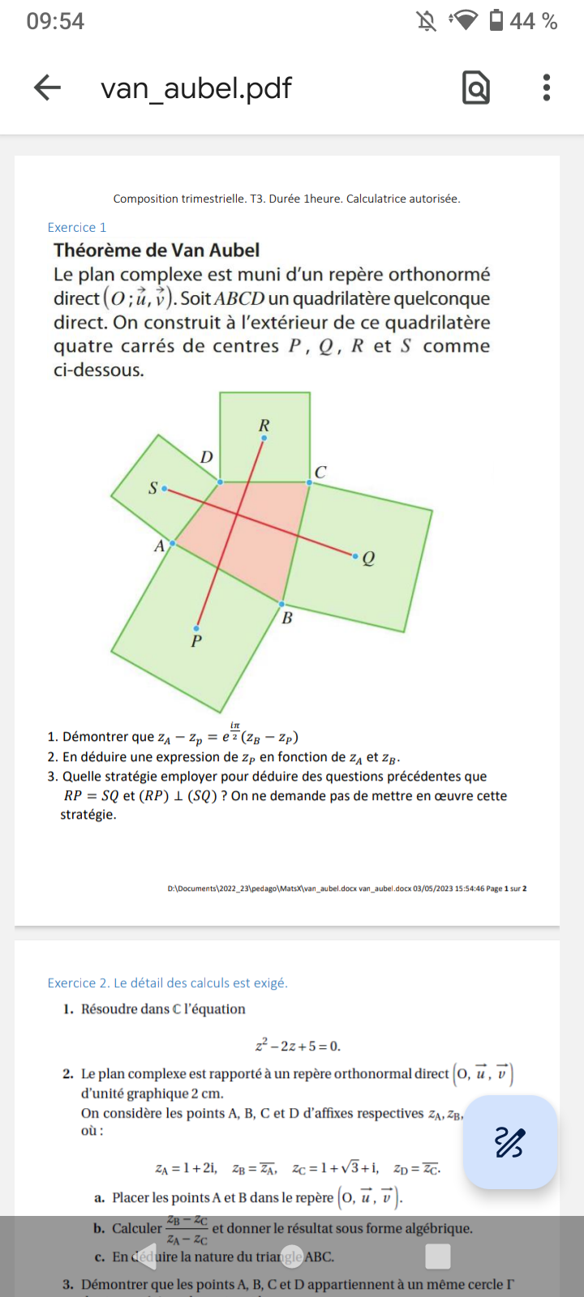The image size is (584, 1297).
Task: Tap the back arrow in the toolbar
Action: coord(48,88)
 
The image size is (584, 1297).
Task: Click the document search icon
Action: coord(476,88)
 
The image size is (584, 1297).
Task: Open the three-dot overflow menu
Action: coord(547,88)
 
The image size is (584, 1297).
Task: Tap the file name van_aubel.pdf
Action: coord(195,88)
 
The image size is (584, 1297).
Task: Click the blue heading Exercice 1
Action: coord(77,228)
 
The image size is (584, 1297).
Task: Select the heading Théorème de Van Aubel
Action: coord(157,250)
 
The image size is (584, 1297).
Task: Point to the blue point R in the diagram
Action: coord(264,438)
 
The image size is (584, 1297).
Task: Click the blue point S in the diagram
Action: coord(165,489)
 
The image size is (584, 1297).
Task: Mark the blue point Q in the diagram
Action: coord(354,556)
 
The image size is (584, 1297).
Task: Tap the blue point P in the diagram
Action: coord(196,628)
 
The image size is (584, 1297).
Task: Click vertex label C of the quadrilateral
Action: coord(320,472)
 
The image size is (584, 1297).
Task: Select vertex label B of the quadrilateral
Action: coord(287,619)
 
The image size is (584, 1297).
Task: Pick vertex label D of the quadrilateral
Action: coord(207,457)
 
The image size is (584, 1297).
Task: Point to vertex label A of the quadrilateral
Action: coord(160,546)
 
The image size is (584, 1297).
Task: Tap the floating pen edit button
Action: coord(509,1142)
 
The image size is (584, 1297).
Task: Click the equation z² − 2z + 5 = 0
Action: coord(298,1046)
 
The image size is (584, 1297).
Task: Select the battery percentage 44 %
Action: coord(533,21)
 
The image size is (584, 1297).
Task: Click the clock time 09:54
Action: coord(55,21)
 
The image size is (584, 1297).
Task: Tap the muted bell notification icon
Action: coord(427,21)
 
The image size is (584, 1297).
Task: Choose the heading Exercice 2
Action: coord(167,983)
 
